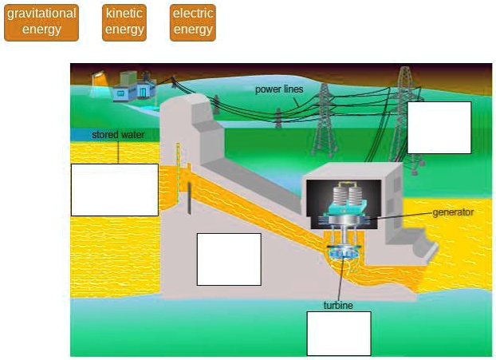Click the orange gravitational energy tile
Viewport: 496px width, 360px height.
[41, 22]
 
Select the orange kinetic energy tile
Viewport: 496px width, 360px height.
[124, 22]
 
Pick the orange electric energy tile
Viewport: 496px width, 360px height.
[193, 22]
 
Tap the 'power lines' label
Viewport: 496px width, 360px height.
[279, 89]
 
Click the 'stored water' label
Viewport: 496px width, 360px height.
[118, 135]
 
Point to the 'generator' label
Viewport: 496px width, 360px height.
[453, 212]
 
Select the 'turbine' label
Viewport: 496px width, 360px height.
[338, 305]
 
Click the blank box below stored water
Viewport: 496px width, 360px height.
[114, 189]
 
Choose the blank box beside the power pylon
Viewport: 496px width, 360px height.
[439, 128]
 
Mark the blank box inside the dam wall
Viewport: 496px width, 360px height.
[229, 259]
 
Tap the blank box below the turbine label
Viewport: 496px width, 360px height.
[339, 333]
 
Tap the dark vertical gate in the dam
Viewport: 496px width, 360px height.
[190, 199]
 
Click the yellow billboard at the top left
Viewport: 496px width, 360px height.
[99, 80]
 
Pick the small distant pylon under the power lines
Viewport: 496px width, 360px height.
[278, 117]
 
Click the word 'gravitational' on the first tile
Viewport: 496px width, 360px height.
[41, 14]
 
